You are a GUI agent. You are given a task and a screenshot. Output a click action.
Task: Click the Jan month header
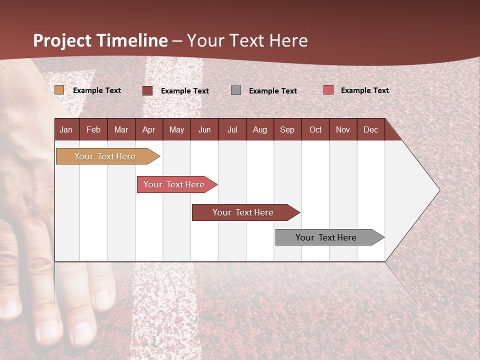point(66,129)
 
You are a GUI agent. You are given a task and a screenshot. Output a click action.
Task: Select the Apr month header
point(148,129)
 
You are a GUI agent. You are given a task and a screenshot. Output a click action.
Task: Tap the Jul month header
point(232,129)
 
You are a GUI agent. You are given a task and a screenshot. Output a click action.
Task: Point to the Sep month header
point(287,129)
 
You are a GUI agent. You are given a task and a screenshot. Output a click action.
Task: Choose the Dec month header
point(370,129)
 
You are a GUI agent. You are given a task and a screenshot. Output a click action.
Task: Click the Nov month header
point(342,129)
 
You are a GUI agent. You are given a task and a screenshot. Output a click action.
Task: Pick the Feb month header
point(93,129)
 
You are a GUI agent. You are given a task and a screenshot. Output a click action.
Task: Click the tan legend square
point(59,90)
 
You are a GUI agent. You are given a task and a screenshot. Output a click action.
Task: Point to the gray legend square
point(236,90)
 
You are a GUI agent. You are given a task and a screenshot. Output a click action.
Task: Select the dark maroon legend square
point(147,90)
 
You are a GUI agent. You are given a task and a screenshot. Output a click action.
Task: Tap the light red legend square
point(328,90)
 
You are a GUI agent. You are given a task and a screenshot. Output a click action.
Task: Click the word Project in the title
point(62,40)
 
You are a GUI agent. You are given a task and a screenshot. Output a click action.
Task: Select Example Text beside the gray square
point(272,91)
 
